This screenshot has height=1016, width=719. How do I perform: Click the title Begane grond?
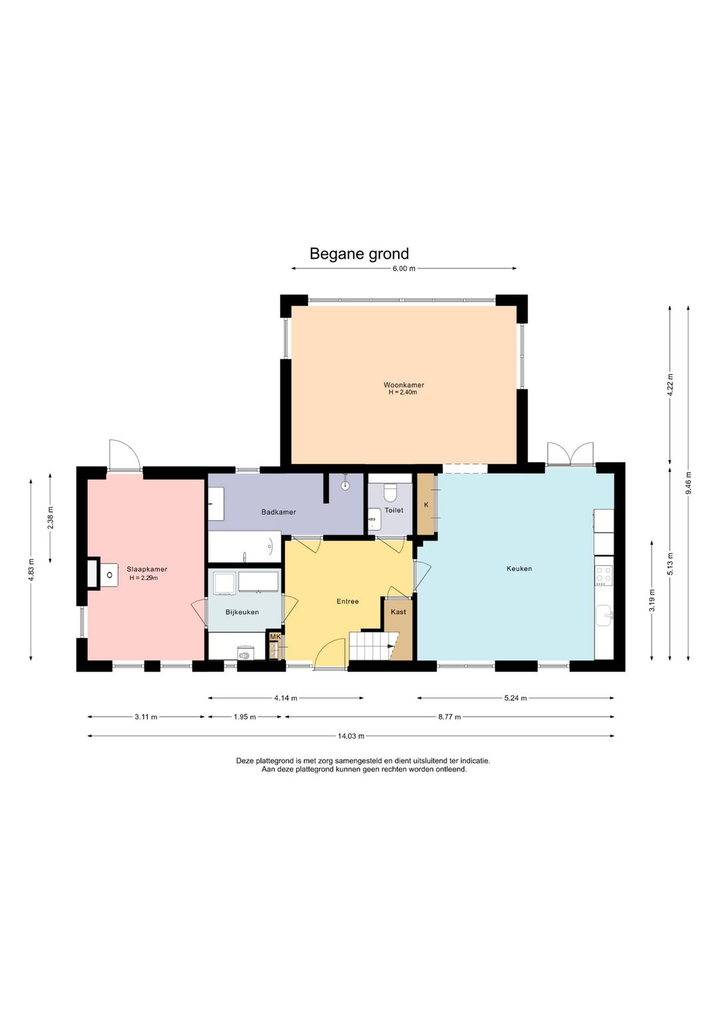click(359, 254)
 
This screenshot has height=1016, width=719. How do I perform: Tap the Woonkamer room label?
click(403, 385)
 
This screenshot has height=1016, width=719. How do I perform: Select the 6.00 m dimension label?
click(403, 268)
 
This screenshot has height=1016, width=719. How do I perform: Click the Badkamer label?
click(278, 512)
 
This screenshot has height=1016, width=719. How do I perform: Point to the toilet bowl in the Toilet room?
click(390, 491)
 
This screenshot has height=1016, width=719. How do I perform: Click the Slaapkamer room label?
click(147, 569)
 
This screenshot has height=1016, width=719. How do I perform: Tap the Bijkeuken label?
click(242, 612)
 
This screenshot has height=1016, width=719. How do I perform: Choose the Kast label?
click(398, 612)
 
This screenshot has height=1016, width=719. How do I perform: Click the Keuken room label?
click(519, 569)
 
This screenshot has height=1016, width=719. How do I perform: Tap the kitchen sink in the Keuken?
click(604, 615)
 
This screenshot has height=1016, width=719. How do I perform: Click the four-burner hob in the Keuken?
click(604, 574)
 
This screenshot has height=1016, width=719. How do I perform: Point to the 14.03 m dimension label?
click(351, 736)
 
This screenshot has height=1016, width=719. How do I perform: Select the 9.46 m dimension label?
click(688, 483)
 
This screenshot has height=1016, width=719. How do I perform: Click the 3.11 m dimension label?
click(146, 717)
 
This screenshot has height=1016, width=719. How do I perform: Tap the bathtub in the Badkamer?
click(244, 547)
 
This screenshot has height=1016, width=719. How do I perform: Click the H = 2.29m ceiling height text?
click(143, 578)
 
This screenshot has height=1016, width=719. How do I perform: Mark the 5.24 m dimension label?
click(515, 698)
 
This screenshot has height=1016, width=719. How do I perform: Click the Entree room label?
click(348, 601)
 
